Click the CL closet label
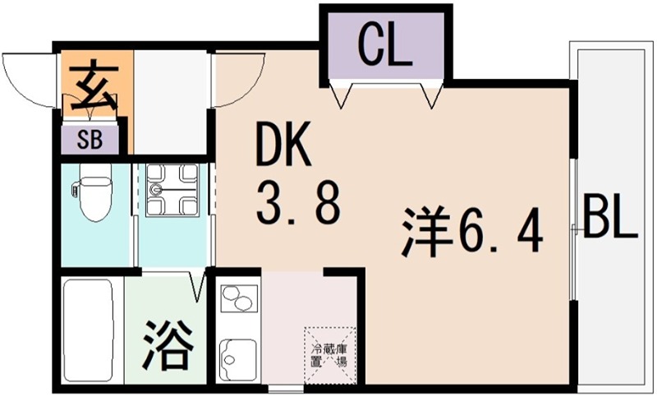click(384, 48)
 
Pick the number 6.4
click(502, 233)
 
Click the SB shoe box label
click(90, 138)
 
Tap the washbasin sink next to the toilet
click(172, 190)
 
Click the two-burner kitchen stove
click(237, 299)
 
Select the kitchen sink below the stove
click(238, 354)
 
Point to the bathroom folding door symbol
click(197, 286)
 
